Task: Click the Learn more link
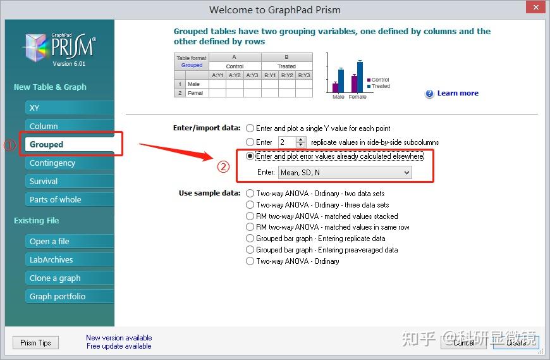[x=457, y=93]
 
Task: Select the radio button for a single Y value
[x=250, y=128]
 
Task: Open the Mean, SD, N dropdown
[x=345, y=172]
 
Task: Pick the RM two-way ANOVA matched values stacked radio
[x=250, y=216]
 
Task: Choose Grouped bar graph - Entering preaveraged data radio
[x=250, y=250]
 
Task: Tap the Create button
[x=516, y=342]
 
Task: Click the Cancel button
[x=463, y=342]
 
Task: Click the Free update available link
[x=119, y=346]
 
